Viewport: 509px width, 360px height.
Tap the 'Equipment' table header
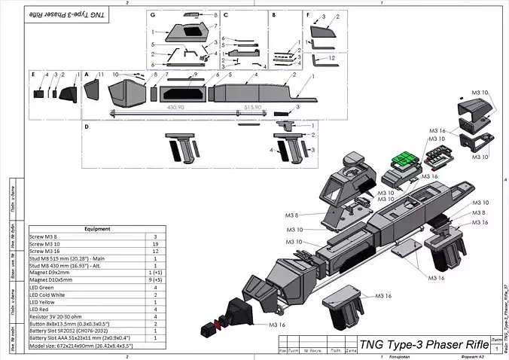(98, 229)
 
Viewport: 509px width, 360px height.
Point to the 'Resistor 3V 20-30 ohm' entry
(61, 316)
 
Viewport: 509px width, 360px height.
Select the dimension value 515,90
(252, 108)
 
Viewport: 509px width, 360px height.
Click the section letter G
(152, 15)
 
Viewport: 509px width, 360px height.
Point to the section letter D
(87, 127)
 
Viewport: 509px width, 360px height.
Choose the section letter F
(309, 14)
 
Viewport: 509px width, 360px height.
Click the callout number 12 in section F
(332, 57)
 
